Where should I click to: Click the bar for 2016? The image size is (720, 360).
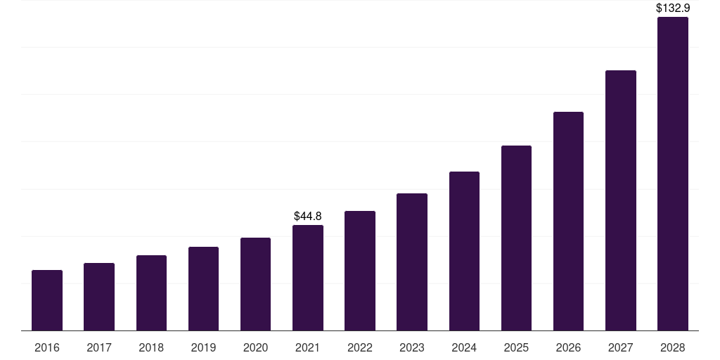pos(47,300)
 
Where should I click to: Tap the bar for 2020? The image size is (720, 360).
pos(255,284)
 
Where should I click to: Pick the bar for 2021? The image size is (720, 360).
pos(308,278)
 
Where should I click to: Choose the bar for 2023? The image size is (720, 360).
pos(412,262)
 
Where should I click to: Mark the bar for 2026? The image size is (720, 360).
pos(568,221)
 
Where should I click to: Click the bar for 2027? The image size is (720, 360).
pos(620,200)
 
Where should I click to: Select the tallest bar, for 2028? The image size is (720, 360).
pos(673,174)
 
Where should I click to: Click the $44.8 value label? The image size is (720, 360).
pos(308,216)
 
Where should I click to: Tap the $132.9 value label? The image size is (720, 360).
pos(673,8)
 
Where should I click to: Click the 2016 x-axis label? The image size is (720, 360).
pos(47,347)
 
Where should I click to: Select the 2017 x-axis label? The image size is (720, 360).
pos(99,347)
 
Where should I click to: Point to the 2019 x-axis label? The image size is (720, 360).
pos(203,347)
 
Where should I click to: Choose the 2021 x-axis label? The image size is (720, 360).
pos(308,347)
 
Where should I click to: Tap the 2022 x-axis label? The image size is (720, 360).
pos(360,347)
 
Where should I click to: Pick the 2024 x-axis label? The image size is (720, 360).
pos(464,347)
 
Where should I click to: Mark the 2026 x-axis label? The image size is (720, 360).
pos(568,347)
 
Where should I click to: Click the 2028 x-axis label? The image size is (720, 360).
pos(673,347)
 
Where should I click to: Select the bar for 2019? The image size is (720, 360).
pos(203,288)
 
